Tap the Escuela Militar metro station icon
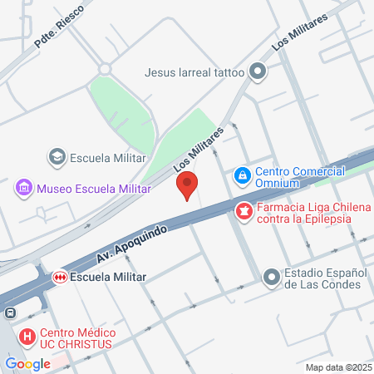pos(59,277)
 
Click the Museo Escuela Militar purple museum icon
pos(24,189)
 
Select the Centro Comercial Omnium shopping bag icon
pos(242,175)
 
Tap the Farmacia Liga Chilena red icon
pos(244,213)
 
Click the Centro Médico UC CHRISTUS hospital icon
pos(27,337)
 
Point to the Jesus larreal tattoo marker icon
pos(258,71)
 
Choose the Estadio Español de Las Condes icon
pos(271,277)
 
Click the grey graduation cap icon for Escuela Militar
pos(57,156)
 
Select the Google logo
pos(27,363)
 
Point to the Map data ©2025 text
pos(338,367)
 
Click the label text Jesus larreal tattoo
pos(194,72)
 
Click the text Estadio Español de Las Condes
pos(322,278)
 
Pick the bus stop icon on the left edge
pos(8,313)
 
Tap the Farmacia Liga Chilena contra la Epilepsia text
pos(304,213)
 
